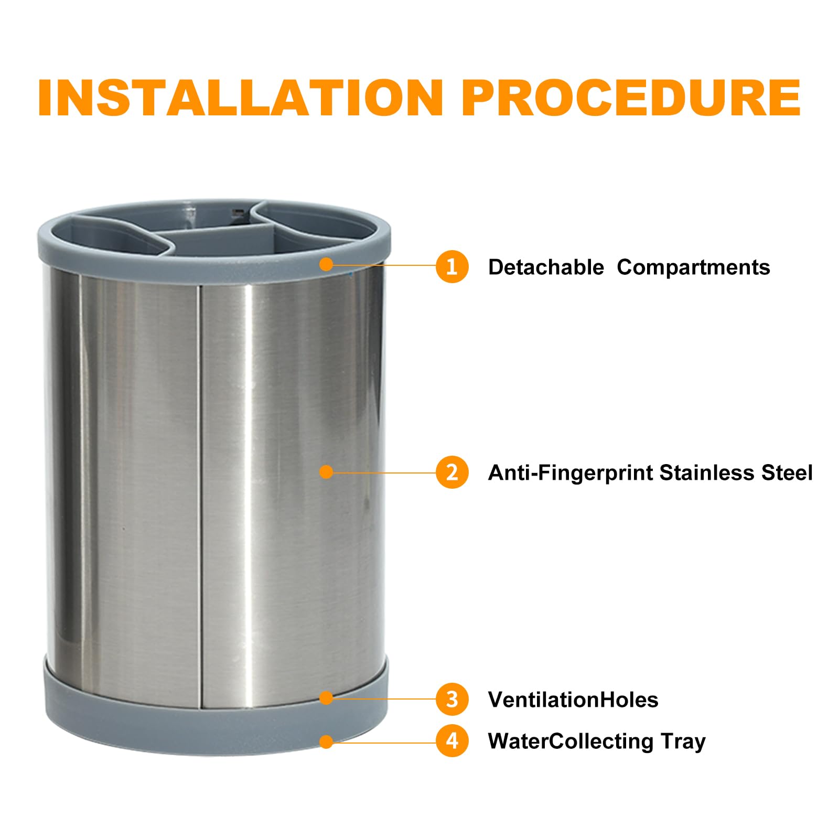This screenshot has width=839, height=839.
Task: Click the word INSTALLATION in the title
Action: click(x=241, y=98)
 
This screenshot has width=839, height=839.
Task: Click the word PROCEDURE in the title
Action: click(x=631, y=98)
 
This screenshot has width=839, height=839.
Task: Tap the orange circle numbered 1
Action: click(x=451, y=266)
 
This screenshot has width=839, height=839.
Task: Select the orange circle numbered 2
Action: click(x=451, y=472)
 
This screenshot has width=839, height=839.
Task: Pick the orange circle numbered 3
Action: click(x=451, y=699)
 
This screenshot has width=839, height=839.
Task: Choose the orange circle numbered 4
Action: click(x=451, y=741)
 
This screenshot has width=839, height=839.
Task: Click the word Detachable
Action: click(x=546, y=267)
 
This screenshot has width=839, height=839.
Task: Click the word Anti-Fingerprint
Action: click(x=571, y=474)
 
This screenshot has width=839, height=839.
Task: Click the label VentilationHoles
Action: click(x=573, y=700)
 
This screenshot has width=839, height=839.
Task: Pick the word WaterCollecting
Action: click(x=571, y=742)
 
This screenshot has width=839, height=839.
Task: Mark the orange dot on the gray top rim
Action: click(x=326, y=264)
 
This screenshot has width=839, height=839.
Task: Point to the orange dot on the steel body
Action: click(x=326, y=472)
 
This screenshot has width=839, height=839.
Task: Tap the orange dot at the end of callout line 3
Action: click(x=326, y=697)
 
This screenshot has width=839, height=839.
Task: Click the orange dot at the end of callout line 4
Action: click(x=326, y=741)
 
